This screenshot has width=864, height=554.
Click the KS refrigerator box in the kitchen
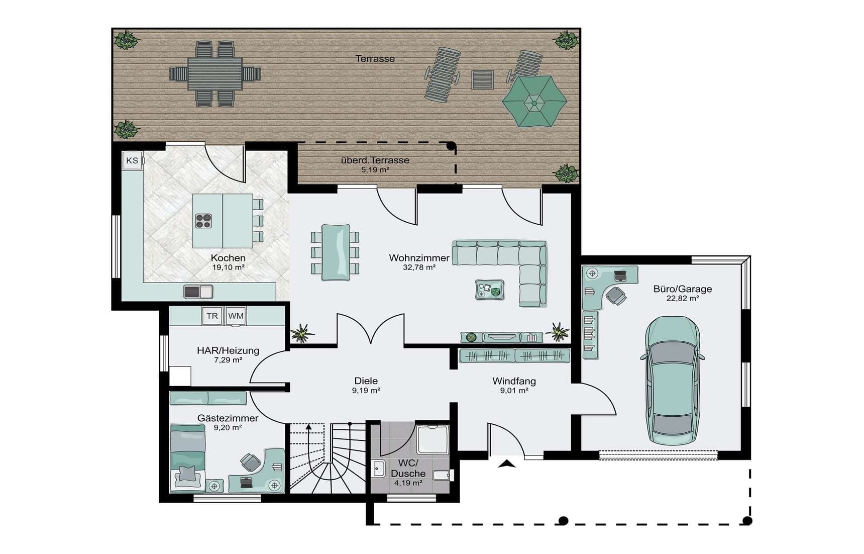click(x=132, y=161)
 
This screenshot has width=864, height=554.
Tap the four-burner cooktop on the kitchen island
click(x=203, y=221)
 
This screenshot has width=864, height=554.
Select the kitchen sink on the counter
click(x=198, y=292)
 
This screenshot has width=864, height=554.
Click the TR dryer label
click(x=212, y=316)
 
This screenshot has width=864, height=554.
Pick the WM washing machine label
click(x=236, y=316)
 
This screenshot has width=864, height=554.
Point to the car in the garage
click(x=672, y=380)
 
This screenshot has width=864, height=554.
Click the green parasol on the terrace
click(x=534, y=102)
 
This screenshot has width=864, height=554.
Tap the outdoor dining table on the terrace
click(x=215, y=74)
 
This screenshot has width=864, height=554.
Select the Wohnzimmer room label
click(x=419, y=258)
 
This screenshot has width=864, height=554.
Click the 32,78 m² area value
click(x=419, y=267)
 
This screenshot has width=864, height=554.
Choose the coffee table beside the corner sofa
click(x=490, y=290)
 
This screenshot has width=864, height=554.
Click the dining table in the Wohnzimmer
click(x=336, y=252)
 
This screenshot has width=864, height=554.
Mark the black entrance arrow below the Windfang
click(x=506, y=464)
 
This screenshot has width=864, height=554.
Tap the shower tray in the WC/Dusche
click(x=433, y=439)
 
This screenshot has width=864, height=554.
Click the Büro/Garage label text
click(x=683, y=289)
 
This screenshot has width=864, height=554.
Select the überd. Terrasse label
click(x=375, y=160)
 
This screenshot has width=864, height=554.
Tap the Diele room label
click(x=366, y=381)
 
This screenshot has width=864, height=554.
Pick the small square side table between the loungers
click(x=482, y=79)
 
